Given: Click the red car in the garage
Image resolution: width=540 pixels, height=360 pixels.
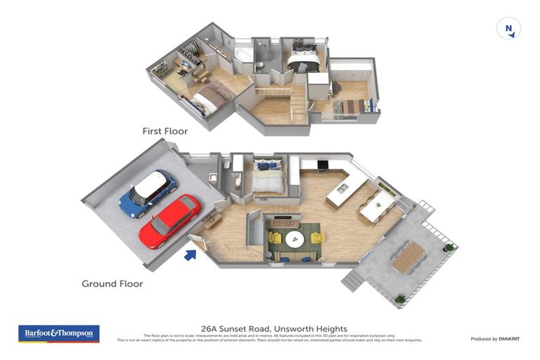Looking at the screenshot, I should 169,221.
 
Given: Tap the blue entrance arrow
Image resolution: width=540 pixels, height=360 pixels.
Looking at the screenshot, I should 190,254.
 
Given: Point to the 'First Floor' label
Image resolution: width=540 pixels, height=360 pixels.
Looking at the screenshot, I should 165,130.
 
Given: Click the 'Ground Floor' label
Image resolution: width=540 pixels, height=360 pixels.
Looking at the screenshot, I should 112,284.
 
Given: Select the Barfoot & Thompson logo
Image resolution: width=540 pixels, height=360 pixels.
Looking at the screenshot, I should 58,333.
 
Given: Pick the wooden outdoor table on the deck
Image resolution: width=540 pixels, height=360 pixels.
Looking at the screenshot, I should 408,257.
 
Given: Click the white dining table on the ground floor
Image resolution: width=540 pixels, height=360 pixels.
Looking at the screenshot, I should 378,205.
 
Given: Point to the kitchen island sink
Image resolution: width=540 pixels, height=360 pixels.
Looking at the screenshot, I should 342,188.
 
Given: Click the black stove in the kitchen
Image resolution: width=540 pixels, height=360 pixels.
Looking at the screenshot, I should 323,166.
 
